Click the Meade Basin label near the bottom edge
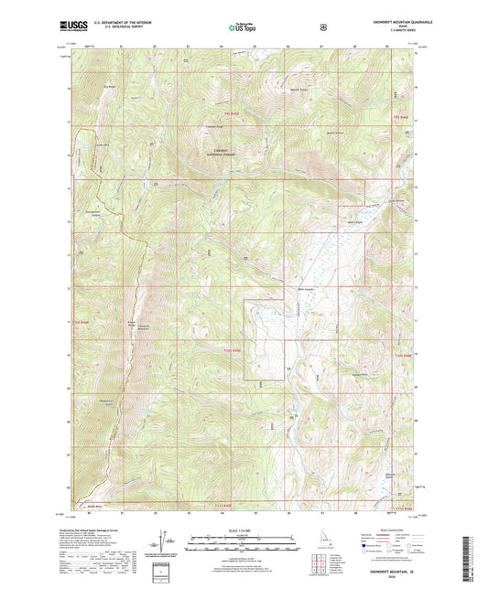pos(93,505)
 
